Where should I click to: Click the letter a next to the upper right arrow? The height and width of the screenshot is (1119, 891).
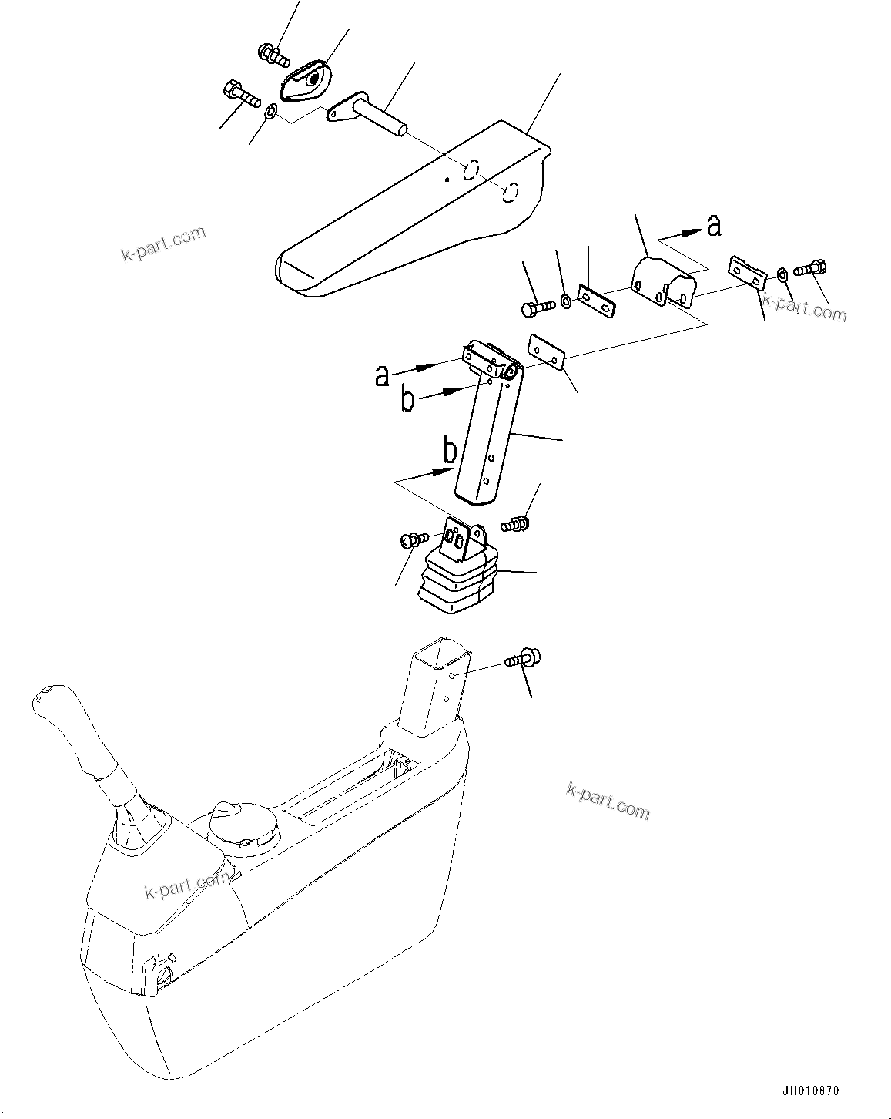pos(713,225)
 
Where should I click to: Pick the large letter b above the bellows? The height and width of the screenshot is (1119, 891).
pos(449,451)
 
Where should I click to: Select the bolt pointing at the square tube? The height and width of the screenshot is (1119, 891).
pos(524,659)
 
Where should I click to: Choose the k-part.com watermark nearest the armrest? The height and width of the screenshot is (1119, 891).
pos(164,243)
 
